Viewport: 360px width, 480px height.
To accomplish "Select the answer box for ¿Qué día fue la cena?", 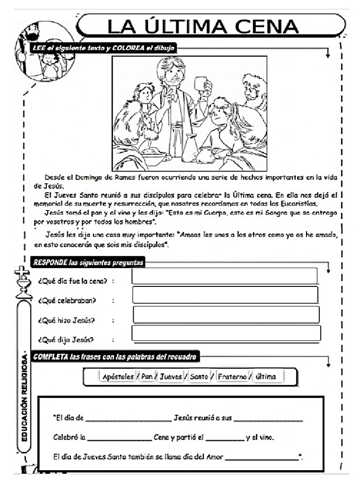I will (225, 276).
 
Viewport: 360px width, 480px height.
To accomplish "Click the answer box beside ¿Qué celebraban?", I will (225, 295).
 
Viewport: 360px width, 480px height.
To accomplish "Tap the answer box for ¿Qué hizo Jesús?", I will (226, 315).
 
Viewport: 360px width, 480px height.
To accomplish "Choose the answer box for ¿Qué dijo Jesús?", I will (226, 333).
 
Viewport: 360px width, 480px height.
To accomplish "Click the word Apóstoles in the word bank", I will (118, 377).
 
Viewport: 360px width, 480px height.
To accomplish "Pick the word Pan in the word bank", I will (147, 377).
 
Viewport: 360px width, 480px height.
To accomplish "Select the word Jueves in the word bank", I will (170, 377).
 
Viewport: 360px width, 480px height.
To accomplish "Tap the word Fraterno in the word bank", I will (232, 377).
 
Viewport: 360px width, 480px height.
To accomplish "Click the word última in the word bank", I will (267, 377).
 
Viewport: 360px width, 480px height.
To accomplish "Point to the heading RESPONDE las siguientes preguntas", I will (88, 263).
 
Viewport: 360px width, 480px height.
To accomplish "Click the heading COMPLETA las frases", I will (115, 357).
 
